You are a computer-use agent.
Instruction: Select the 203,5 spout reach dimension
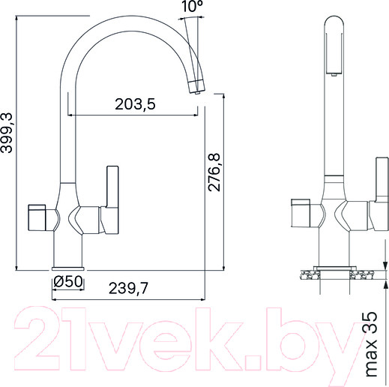(135, 105)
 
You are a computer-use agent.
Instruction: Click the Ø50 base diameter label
(66, 283)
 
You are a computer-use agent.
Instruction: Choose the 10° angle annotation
(192, 8)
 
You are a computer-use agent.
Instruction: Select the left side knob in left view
(42, 217)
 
